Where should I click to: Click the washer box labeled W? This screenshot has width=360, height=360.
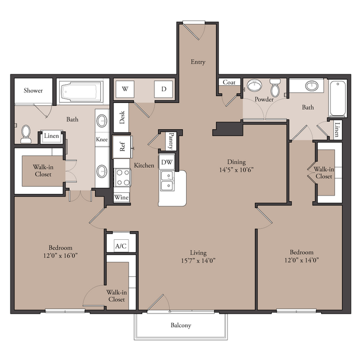[125, 89]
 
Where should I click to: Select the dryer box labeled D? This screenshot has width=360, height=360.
[163, 89]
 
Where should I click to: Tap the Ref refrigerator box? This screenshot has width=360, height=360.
[122, 147]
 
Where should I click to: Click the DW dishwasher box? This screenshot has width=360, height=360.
[167, 162]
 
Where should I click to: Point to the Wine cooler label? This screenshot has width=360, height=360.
[121, 198]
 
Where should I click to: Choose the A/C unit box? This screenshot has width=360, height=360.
[121, 246]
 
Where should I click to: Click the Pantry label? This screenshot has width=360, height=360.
[171, 141]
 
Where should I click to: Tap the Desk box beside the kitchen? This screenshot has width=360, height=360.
[121, 117]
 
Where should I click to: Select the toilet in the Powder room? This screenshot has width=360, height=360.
[275, 88]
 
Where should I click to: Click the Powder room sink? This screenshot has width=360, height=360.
[254, 86]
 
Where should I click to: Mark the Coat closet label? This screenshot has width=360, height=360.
[229, 82]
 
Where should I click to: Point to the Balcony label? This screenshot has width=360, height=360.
[181, 325]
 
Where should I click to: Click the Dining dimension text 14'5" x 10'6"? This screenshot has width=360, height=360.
[236, 170]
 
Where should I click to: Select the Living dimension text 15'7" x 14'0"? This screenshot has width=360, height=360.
[198, 261]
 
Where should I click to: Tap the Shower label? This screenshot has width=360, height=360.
[33, 90]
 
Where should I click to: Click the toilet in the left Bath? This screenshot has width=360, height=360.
[25, 134]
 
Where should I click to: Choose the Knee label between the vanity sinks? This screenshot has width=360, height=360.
[102, 140]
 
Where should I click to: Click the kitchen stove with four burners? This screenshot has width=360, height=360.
[123, 177]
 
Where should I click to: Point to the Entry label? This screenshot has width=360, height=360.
[198, 62]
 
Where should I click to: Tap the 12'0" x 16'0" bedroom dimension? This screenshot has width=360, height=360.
[60, 255]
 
